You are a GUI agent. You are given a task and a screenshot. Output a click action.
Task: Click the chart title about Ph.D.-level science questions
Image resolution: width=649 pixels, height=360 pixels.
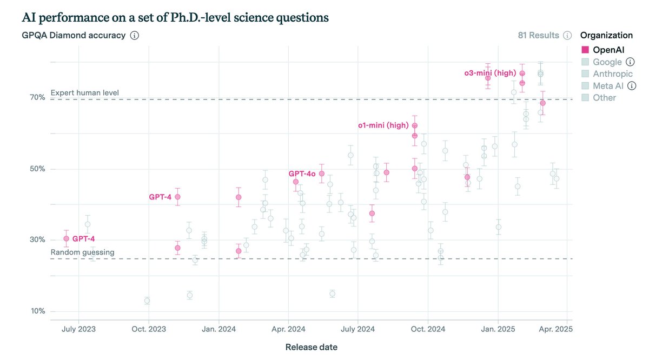coord(175,17)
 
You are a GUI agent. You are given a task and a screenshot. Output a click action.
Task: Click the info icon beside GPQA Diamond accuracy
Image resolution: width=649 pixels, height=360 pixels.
coord(135,36)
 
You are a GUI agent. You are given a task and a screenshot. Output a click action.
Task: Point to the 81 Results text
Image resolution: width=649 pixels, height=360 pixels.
coord(538,36)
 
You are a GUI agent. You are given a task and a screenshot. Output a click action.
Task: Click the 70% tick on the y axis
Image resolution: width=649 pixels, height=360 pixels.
coord(37,97)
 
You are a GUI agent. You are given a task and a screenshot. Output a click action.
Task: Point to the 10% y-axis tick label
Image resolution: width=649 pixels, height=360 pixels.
coord(37,311)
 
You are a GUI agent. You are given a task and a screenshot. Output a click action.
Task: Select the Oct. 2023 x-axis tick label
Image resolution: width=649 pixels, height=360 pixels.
coord(149,329)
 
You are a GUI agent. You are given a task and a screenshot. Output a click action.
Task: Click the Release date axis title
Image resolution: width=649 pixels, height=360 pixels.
coord(311,347)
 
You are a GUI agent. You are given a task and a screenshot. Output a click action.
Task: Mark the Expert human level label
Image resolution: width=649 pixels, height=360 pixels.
coord(85,93)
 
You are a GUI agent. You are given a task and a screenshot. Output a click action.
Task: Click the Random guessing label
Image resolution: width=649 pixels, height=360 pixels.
coord(82,252)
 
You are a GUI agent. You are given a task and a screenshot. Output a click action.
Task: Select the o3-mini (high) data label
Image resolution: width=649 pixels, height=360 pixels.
coord(489,73)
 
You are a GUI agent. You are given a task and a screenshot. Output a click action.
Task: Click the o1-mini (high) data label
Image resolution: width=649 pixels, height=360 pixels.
coord(383,125)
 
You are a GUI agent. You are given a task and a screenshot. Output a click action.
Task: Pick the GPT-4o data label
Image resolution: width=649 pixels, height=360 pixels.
coord(302,174)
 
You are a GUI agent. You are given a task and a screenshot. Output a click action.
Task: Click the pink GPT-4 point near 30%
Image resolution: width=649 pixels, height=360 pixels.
coord(66,238)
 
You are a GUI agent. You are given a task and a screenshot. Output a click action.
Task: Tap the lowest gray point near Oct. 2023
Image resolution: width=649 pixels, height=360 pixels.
coord(147,301)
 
